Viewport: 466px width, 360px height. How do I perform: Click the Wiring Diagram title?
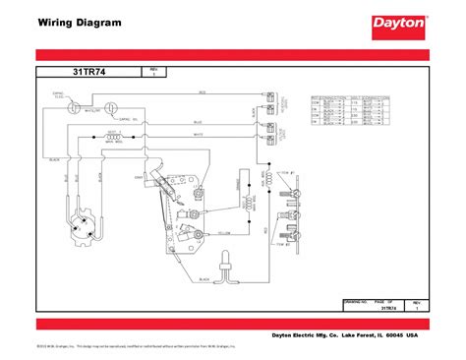[67, 21]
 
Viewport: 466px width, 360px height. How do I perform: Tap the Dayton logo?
[398, 22]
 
